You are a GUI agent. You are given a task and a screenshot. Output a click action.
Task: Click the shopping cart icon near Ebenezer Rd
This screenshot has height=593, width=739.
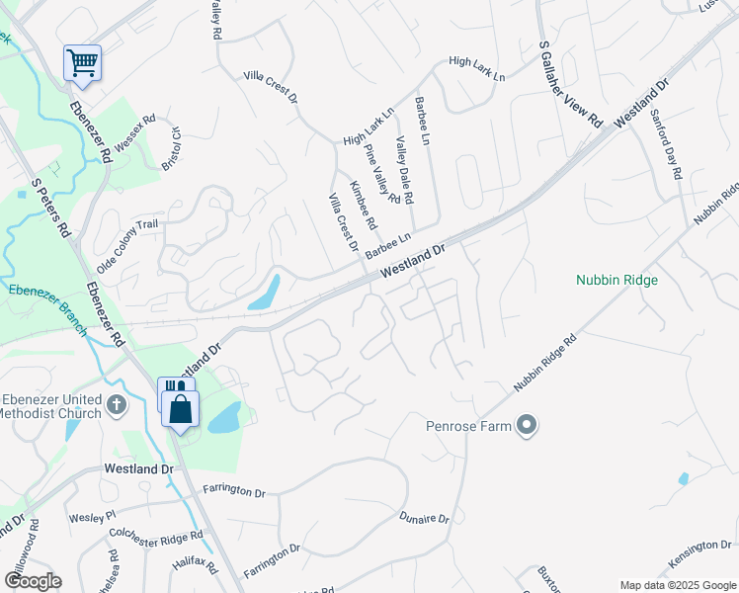tap(83, 63)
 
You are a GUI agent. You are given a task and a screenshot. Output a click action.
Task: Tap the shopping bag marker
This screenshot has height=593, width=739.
tap(181, 407)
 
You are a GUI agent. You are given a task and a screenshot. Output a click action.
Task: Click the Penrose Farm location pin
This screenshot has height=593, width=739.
tap(527, 427)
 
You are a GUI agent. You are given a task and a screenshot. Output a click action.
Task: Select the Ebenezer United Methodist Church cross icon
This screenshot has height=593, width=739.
tap(117, 404)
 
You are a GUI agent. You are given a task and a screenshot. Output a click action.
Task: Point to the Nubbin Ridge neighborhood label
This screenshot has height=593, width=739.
tap(616, 280)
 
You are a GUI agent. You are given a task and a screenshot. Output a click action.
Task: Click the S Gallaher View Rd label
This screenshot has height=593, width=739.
tap(570, 84)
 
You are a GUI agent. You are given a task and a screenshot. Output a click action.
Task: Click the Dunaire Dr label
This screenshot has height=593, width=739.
tap(424, 518)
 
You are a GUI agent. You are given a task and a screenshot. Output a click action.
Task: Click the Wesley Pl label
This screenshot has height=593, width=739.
tap(92, 516)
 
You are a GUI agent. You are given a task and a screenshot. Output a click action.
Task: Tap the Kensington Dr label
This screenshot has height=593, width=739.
tap(698, 553)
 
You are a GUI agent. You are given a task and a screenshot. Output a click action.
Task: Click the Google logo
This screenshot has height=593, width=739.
tap(33, 580)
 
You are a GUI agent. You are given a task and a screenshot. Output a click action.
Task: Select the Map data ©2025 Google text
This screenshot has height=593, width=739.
tap(678, 585)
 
